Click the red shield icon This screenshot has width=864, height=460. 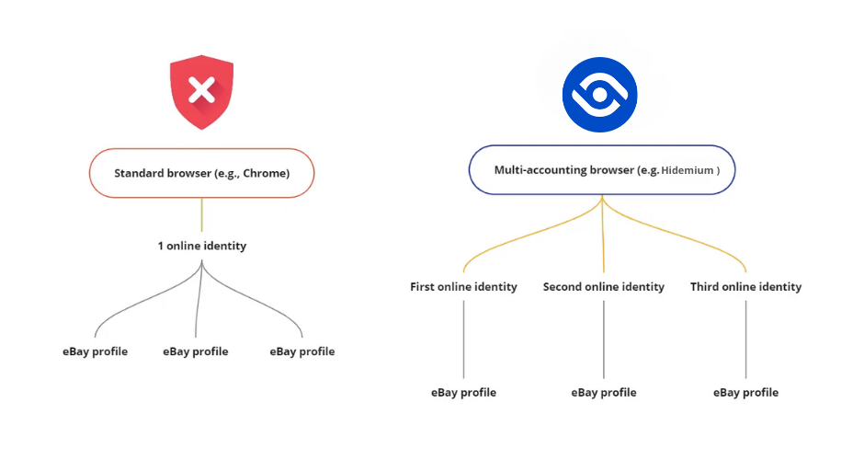tap(201, 92)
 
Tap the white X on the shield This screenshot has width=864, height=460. tap(201, 90)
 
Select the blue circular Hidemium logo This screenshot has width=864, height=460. tap(599, 95)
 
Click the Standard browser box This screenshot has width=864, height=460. tap(201, 173)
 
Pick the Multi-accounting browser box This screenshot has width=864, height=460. tap(602, 170)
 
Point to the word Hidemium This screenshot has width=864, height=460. tap(688, 170)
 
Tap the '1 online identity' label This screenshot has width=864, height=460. tap(201, 246)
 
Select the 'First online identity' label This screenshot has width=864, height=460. tap(463, 287)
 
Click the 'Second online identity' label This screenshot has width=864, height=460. tap(603, 287)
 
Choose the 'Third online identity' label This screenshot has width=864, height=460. tap(745, 287)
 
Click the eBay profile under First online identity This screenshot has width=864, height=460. tap(463, 393)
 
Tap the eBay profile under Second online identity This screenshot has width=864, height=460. tap(603, 393)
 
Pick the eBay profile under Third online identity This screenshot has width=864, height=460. tap(745, 393)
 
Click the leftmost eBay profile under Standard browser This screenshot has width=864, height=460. tap(95, 351)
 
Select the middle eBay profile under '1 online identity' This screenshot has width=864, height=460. tap(195, 351)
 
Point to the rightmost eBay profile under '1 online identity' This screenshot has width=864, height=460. tap(302, 351)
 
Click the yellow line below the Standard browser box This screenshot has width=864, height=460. tap(201, 214)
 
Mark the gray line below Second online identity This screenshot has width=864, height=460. tap(603, 339)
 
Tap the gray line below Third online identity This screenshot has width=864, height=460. tap(745, 339)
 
